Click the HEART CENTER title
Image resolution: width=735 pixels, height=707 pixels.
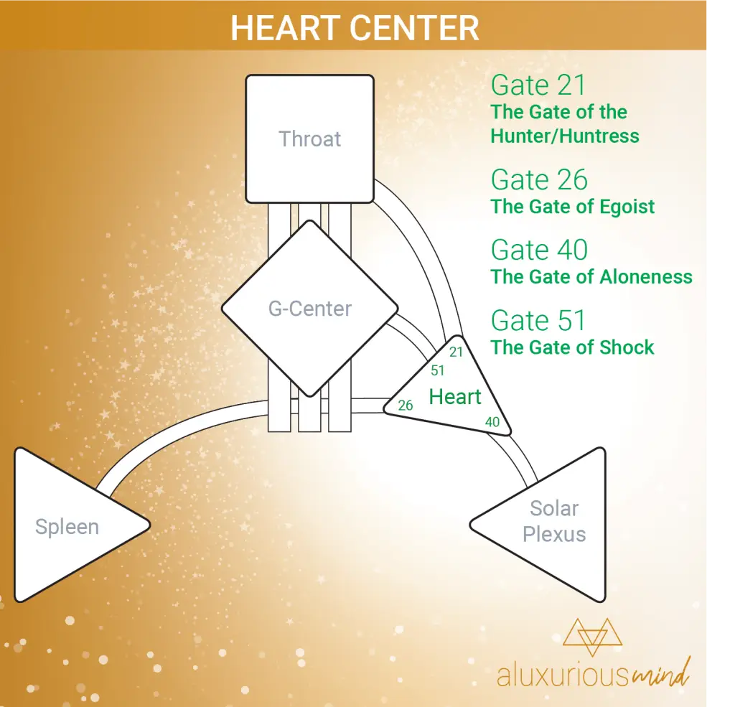tap(355, 28)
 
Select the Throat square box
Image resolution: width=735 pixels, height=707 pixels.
tap(310, 139)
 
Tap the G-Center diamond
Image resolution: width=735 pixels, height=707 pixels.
tap(310, 309)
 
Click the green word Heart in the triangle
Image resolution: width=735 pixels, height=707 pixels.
tap(454, 397)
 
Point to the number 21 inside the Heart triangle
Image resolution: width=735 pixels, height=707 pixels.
tap(456, 352)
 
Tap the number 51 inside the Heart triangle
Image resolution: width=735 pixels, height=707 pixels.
tap(437, 370)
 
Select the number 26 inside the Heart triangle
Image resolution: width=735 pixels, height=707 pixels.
tap(406, 405)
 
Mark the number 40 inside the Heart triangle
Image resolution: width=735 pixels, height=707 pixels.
tap(492, 422)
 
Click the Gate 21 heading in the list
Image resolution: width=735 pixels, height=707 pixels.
tap(538, 85)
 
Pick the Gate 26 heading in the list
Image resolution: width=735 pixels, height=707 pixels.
tap(539, 179)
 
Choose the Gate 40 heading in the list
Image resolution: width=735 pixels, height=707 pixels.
tap(539, 250)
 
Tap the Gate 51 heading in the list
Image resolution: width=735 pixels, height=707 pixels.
tap(538, 321)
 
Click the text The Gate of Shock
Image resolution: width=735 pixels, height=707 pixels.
tap(572, 347)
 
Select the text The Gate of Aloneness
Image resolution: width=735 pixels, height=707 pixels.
tap(591, 276)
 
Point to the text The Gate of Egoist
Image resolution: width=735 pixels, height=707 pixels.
tap(573, 207)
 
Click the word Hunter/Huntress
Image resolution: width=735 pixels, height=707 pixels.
tap(565, 136)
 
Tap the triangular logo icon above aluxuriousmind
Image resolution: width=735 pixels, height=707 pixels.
tap(592, 636)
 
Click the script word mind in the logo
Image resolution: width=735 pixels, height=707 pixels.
tap(661, 673)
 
